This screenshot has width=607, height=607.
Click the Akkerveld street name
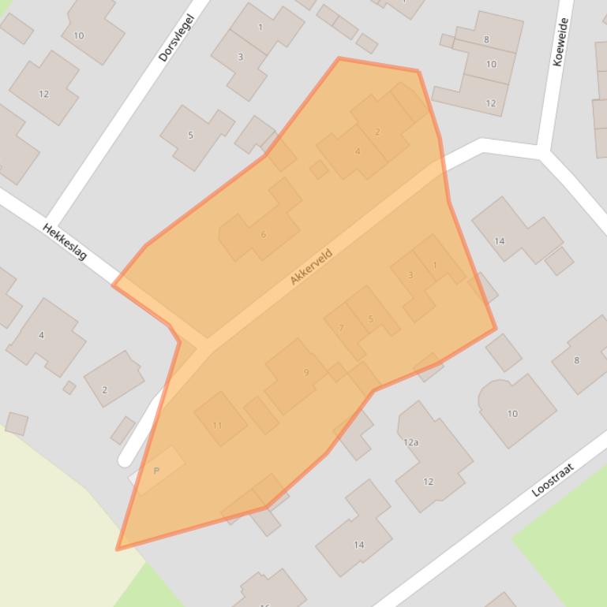[311, 266]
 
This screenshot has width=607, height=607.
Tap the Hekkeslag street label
[65, 241]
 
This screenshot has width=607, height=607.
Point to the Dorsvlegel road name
[175, 37]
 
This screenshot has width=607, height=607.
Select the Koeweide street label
[561, 42]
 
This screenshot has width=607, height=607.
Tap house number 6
[263, 234]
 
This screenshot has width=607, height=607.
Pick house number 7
[341, 328]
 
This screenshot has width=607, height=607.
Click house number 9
[306, 373]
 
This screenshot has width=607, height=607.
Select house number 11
[218, 425]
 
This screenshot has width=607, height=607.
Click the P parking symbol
[156, 471]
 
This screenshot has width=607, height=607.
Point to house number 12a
[410, 442]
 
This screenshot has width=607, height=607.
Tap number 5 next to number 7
[370, 319]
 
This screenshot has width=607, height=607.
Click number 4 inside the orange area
[358, 151]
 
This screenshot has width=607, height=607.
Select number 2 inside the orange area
[377, 132]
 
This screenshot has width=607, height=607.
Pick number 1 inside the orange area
[435, 265]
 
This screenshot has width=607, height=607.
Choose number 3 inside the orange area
[410, 275]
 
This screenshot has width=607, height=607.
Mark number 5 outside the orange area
[190, 136]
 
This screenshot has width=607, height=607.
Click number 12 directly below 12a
[428, 481]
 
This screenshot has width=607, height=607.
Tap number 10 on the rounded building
[512, 413]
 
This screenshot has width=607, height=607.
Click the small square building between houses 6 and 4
[319, 169]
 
